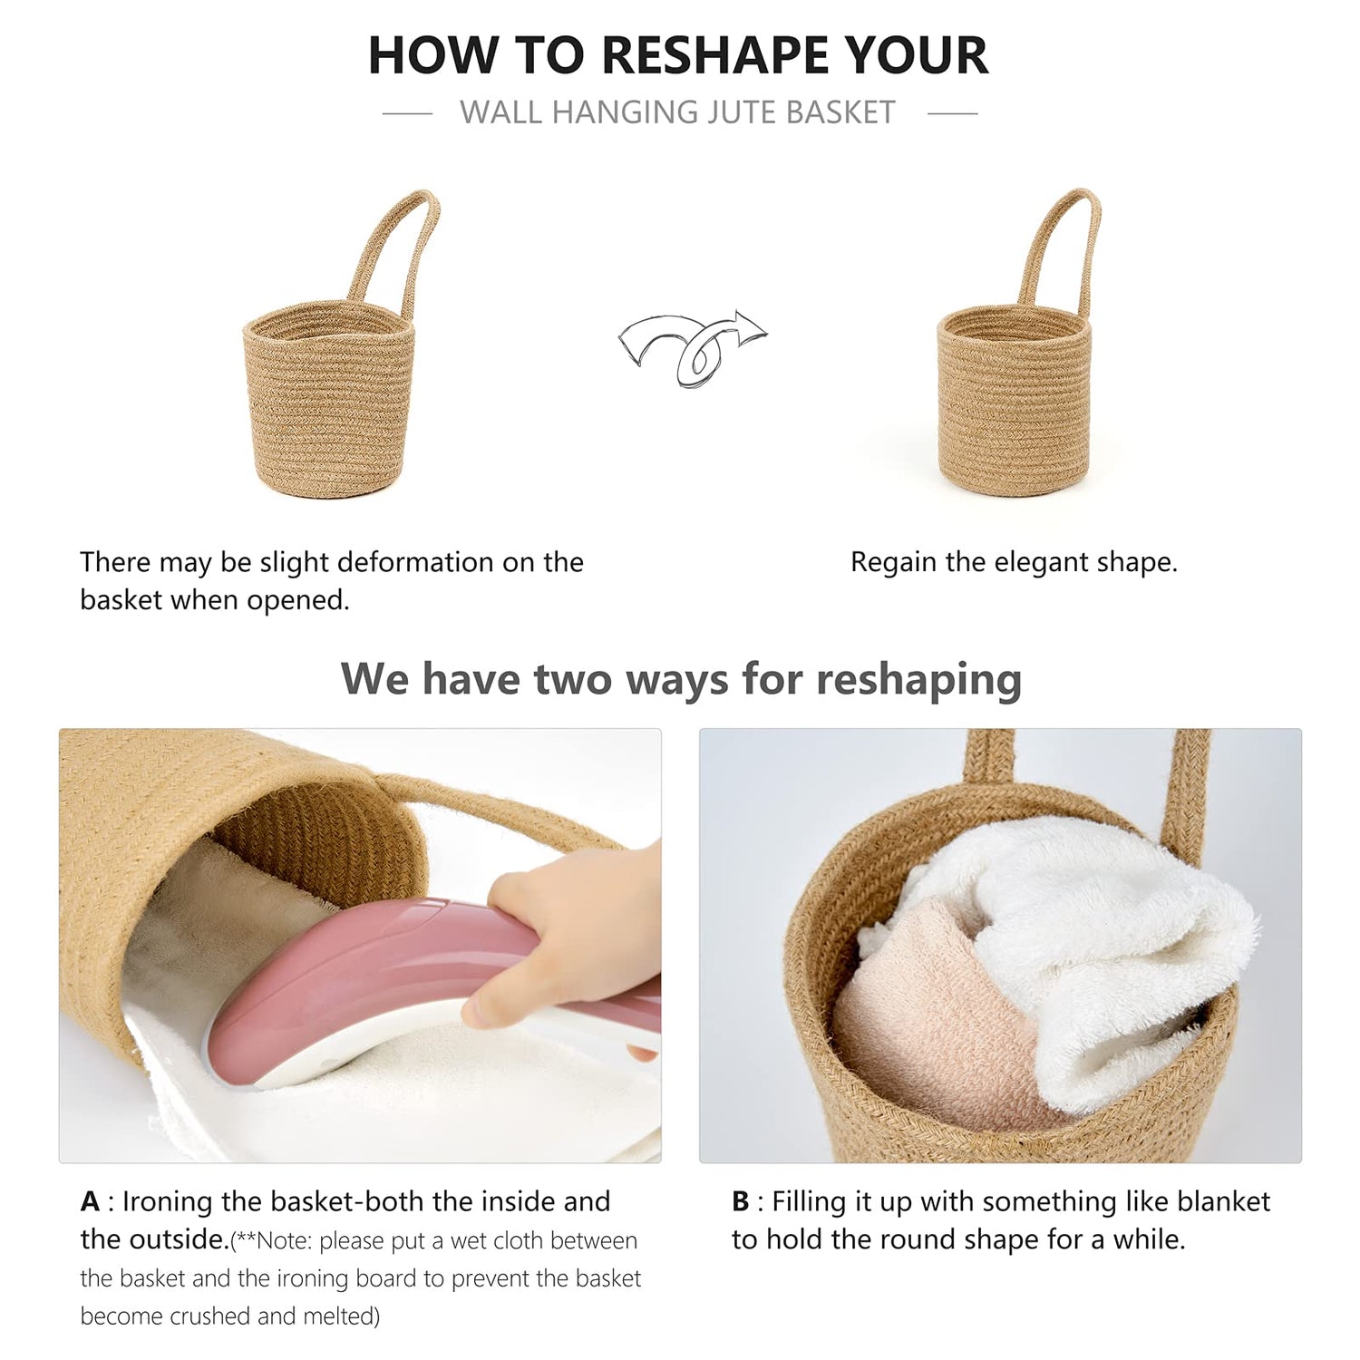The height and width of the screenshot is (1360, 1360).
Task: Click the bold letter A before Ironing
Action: tap(90, 1201)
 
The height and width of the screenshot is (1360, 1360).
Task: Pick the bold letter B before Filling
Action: tap(741, 1201)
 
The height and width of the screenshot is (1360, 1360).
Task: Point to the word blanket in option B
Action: tap(1223, 1201)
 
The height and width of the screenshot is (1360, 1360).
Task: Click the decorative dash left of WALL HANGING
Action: tap(407, 113)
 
